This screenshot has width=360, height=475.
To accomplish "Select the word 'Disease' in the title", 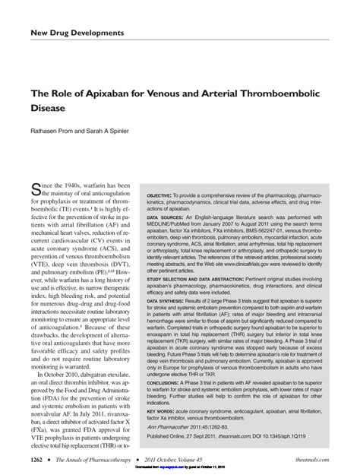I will [x=49, y=108].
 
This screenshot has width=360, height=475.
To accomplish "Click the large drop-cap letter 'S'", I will [x=36, y=190].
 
